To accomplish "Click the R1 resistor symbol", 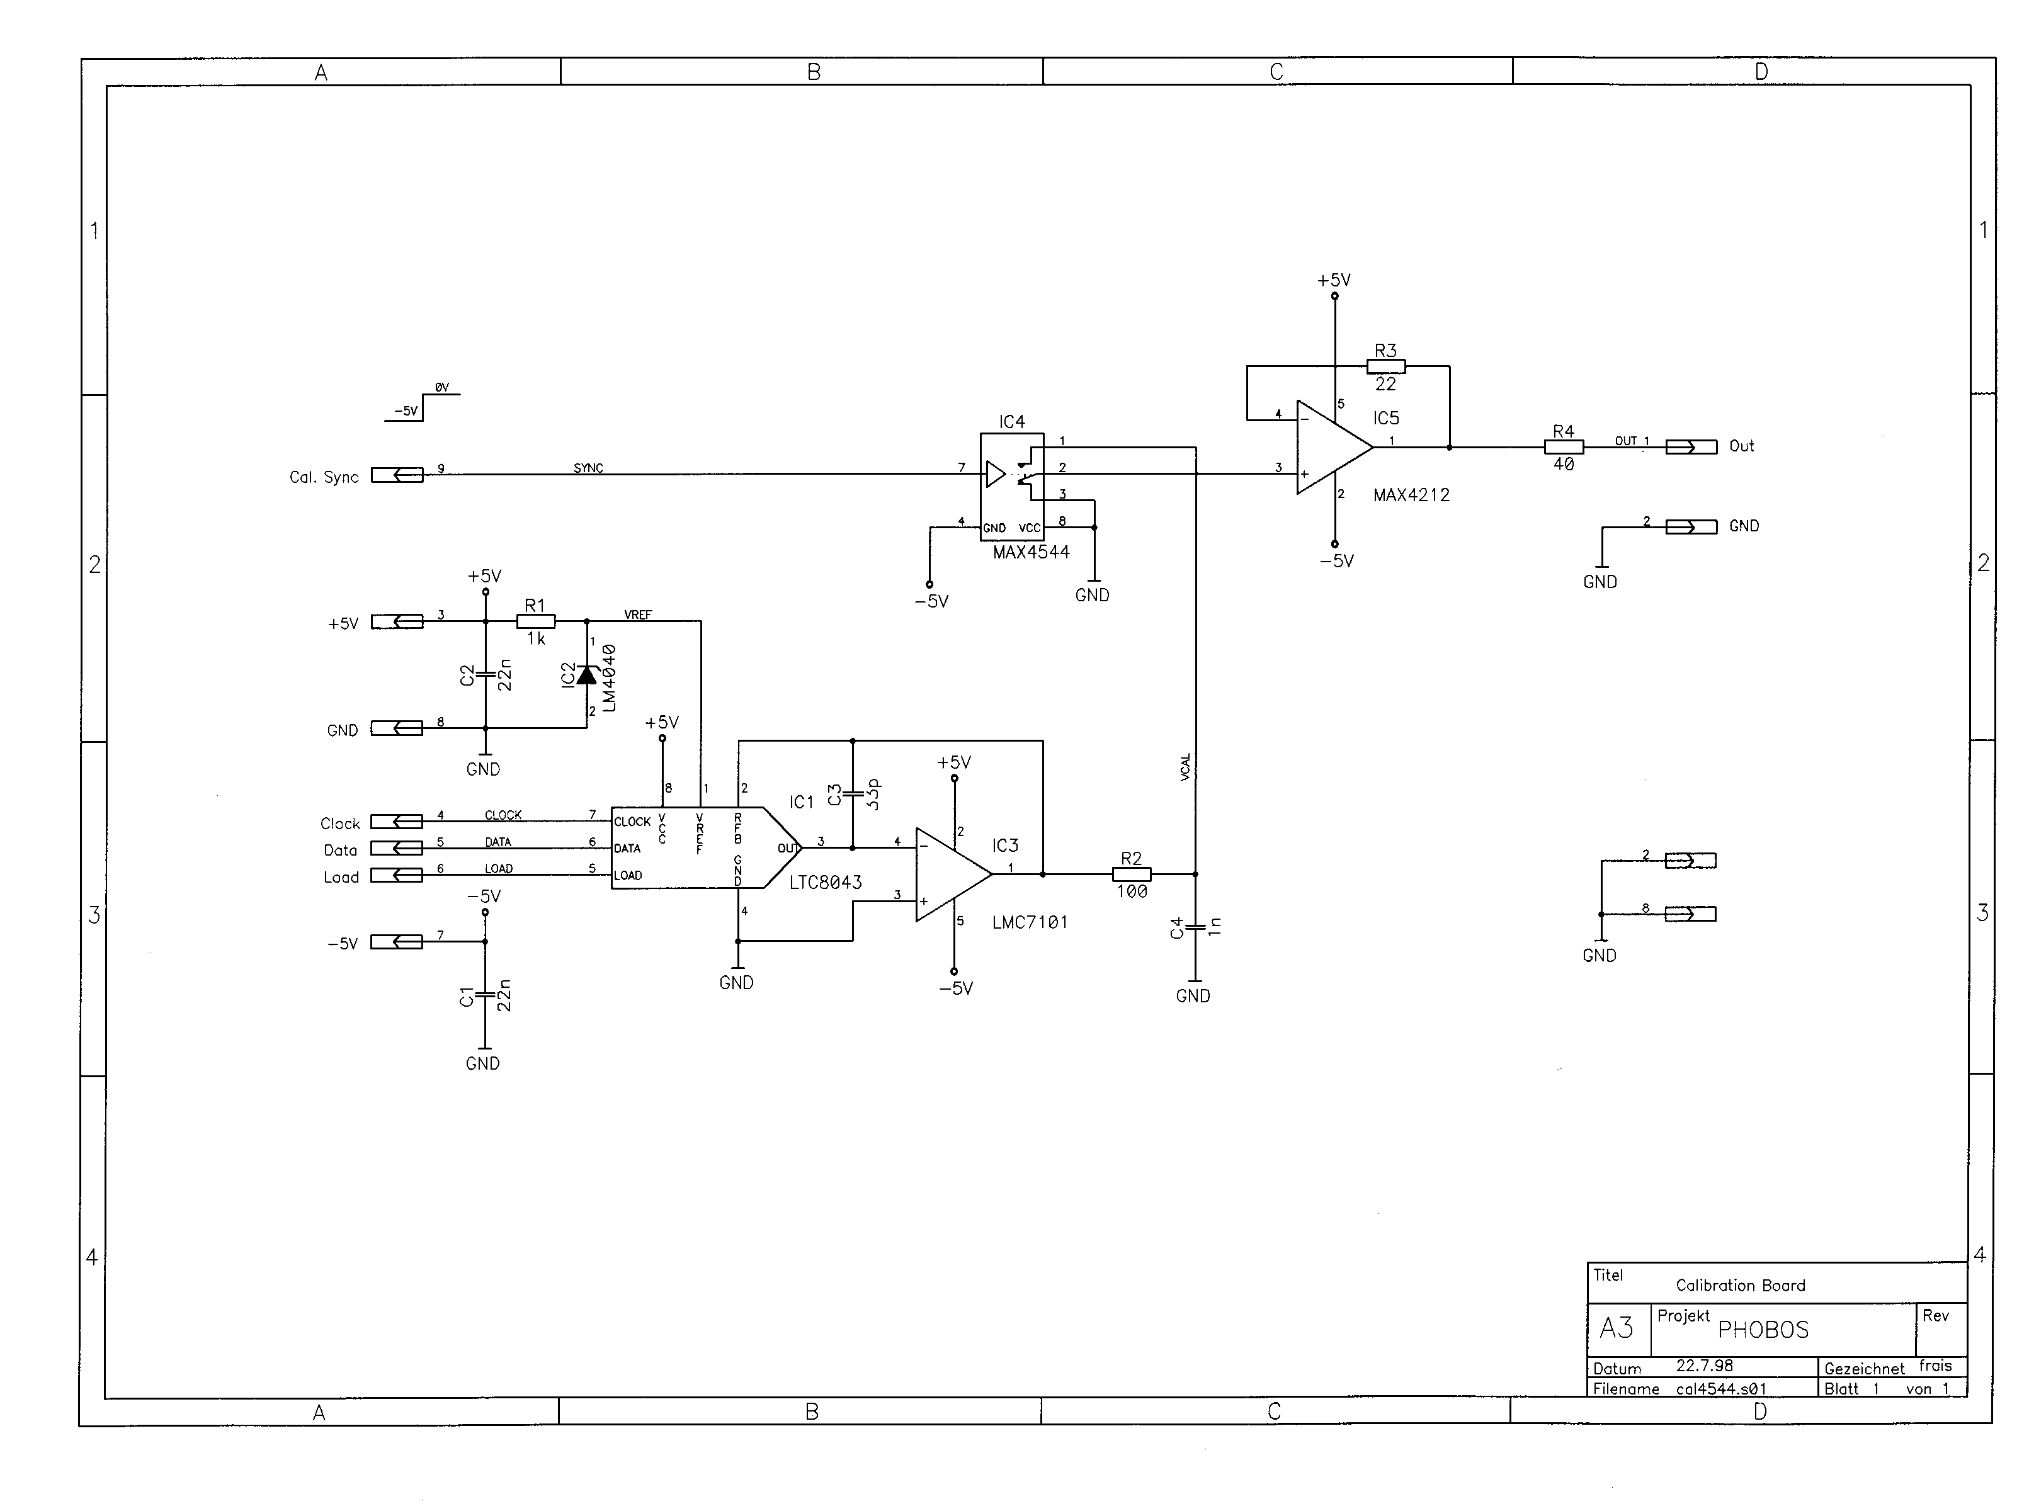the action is pos(535,621).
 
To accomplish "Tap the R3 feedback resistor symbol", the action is pos(1386,366).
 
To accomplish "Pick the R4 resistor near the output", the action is pos(1564,446).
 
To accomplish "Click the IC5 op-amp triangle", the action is pos(1334,447).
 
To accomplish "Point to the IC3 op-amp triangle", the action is pos(953,874).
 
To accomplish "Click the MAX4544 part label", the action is pos(1031,552).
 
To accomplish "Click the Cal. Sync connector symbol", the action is pos(397,475).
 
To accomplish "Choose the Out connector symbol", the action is pos(1691,446).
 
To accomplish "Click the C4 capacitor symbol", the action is pos(1195,929).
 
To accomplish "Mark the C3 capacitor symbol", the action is pos(853,793).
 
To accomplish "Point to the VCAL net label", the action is pos(1186,766).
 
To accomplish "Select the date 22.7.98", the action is pos(1704,1366).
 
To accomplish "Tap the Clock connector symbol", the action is pos(397,822).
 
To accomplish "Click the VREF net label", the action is pos(638,614).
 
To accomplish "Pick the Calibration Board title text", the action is pos(1740,1285).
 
